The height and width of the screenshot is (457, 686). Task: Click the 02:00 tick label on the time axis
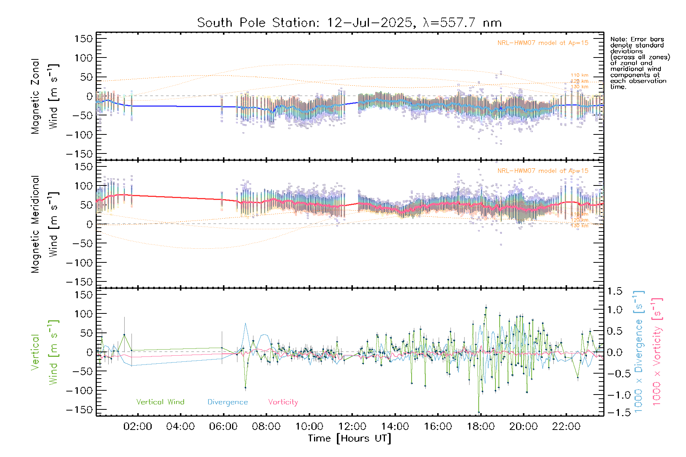pos(138,427)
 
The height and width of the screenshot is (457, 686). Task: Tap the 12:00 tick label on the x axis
pos(352,427)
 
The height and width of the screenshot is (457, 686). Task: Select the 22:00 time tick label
pos(566,427)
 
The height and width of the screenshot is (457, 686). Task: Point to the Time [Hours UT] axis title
pos(349,438)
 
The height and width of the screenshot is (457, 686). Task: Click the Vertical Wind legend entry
pos(160,402)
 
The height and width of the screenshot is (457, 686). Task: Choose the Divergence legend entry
pos(228,402)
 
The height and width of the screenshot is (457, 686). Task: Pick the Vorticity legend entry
pos(283,402)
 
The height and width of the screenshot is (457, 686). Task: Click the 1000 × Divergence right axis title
pos(639,351)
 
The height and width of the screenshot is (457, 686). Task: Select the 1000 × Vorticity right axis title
pos(657,351)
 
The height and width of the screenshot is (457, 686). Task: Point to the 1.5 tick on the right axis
pos(614,291)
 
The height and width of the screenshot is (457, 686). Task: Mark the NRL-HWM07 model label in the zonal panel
pos(543,43)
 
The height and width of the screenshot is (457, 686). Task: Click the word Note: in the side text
pos(618,39)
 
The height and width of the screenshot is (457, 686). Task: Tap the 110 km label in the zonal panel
pos(579,75)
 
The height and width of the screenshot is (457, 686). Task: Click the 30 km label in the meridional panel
pos(581,226)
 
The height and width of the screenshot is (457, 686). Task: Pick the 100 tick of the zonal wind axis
pos(83,58)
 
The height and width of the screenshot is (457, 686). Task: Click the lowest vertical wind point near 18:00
pos(479,412)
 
